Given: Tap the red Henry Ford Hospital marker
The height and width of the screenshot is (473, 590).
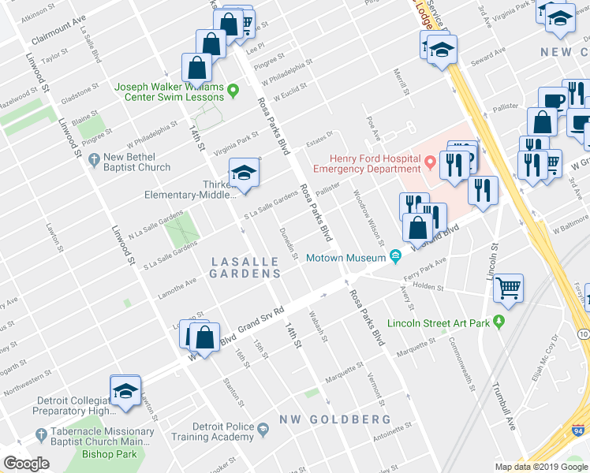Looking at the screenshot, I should pyautogui.click(x=430, y=163).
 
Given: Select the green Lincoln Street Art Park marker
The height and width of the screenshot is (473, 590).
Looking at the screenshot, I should pyautogui.click(x=499, y=322).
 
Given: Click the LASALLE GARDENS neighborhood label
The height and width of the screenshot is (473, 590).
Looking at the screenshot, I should pyautogui.click(x=245, y=266).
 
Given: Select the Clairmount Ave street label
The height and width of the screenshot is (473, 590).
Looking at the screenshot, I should pyautogui.click(x=58, y=37).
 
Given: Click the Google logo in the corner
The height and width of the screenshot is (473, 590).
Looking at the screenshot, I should pyautogui.click(x=26, y=464).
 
